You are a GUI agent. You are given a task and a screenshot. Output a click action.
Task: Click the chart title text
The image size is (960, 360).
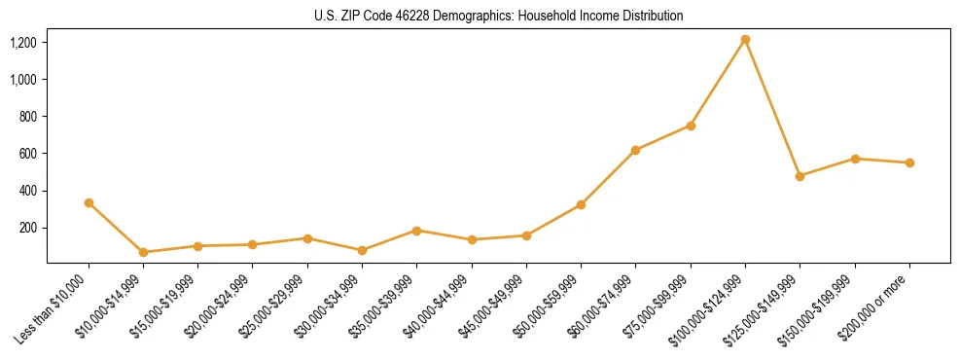[498, 17]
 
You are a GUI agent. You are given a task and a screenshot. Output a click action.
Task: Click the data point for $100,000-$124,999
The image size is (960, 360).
[745, 40]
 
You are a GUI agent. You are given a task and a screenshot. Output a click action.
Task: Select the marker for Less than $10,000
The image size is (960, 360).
[89, 202]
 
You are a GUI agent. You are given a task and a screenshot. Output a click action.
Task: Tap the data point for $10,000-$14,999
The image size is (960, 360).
[143, 252]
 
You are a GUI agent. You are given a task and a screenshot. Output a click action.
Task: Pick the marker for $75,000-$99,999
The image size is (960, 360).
[691, 126]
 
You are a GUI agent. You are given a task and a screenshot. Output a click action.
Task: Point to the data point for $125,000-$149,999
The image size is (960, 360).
[800, 176]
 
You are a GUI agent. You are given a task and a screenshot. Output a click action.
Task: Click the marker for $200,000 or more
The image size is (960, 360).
[909, 162]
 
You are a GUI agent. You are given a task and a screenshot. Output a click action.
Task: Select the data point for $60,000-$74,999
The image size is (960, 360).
[635, 150]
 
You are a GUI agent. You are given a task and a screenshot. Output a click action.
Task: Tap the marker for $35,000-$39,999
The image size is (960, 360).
[416, 231]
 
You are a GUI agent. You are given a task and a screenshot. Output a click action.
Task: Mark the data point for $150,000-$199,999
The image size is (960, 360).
[855, 159]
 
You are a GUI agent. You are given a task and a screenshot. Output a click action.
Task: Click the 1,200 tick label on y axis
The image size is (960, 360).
[23, 43]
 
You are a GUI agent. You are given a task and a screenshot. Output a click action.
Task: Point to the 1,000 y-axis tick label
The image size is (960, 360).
[23, 80]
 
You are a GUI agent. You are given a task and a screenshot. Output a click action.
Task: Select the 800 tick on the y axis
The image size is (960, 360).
[27, 117]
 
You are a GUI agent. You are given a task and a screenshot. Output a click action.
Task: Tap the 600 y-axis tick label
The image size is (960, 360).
[27, 154]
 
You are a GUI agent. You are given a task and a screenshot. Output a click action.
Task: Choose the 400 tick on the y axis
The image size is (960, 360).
[27, 191]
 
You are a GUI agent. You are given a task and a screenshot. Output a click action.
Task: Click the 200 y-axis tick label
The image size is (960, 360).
[27, 228]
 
